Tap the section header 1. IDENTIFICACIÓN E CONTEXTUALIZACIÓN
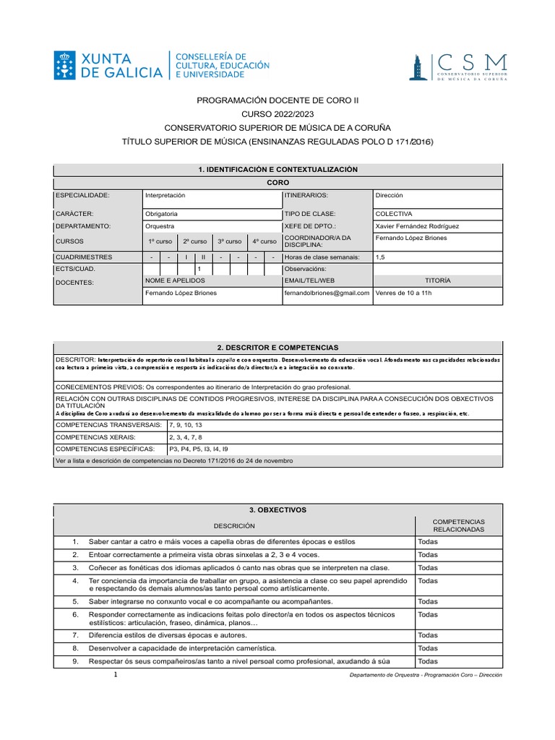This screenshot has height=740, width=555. coord(277,169)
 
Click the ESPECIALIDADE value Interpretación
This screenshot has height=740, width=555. coord(165,195)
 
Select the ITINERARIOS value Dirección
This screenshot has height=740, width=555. coord(389,195)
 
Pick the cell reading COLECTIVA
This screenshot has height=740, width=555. coord(394,214)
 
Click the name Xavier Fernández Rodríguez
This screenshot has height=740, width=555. coord(417,226)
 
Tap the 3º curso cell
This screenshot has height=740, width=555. coord(230,241)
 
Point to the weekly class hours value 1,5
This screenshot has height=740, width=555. coord(381,257)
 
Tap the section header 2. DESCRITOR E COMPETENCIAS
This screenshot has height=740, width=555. coord(277,348)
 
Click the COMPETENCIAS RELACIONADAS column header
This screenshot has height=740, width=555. coord(458,525)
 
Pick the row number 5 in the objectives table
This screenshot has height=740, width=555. coord(75,601)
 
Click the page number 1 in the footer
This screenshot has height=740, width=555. coord(116,674)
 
